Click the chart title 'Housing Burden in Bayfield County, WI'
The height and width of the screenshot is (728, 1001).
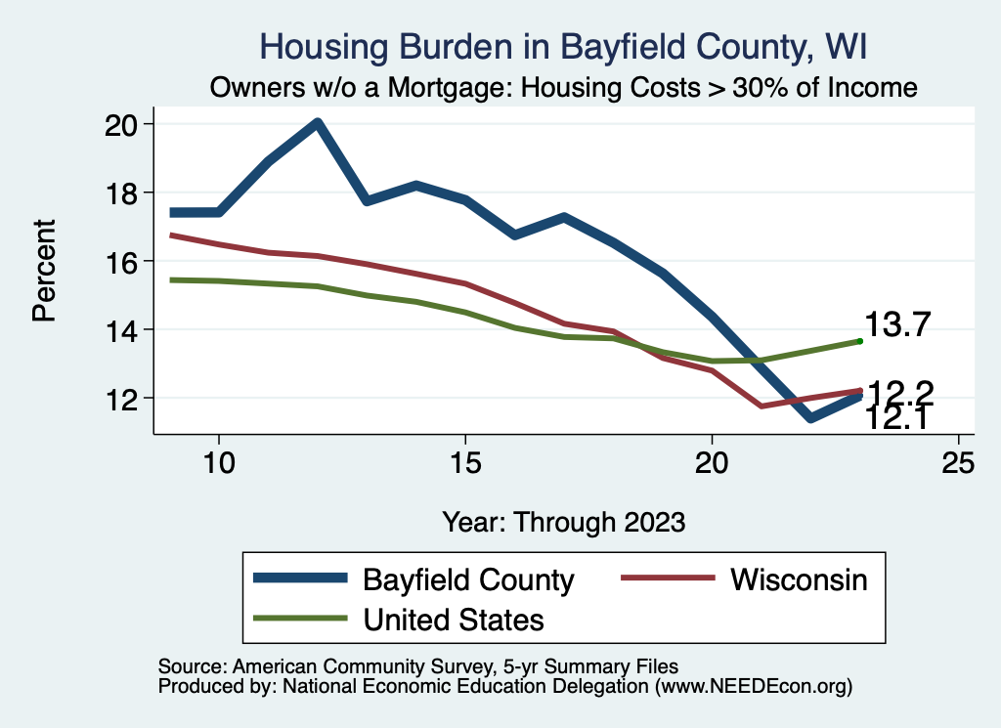563,46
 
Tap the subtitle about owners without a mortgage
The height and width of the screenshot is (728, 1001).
564,88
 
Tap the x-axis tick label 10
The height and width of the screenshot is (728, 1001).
219,462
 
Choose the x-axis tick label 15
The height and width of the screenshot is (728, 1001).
465,462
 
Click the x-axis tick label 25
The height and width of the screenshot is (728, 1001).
959,462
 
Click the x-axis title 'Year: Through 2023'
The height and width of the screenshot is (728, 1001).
563,521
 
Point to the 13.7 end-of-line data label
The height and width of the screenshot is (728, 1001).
896,325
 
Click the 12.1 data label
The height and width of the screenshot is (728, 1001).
896,419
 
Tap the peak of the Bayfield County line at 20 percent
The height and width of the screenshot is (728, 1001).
318,123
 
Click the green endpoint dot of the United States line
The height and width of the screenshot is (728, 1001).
859,341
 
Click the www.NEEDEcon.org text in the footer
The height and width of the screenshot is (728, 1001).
754,687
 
